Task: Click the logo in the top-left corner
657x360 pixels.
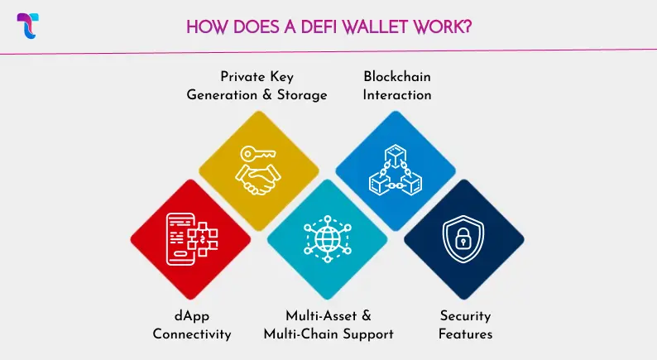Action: (x=28, y=25)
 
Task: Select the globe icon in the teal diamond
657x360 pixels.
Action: (x=328, y=238)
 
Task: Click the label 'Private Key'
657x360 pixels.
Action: (x=257, y=77)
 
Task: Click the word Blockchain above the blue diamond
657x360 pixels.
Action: (x=397, y=77)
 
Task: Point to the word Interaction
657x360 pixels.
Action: (x=397, y=94)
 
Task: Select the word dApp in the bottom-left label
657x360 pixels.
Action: (x=190, y=316)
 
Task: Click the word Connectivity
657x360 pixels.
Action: (x=190, y=334)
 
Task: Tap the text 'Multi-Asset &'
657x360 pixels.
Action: (x=328, y=316)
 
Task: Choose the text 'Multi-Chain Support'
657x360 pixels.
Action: (x=328, y=334)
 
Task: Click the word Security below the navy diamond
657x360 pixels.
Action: (x=465, y=316)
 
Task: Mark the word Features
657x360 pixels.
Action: (x=465, y=334)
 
